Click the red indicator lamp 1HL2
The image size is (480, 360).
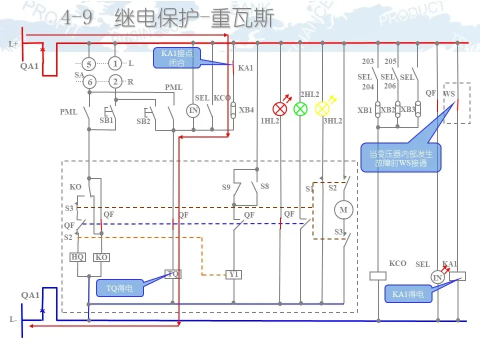tap(279, 108)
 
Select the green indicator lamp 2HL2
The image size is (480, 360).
tap(300, 108)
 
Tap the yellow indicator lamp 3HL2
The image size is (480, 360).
tap(322, 108)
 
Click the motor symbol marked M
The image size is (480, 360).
tap(343, 210)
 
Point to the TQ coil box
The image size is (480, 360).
tap(172, 274)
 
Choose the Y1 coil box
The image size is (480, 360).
tap(233, 274)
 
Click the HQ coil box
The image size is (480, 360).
tap(77, 257)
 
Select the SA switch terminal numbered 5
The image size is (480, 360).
tap(89, 64)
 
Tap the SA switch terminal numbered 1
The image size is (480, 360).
tap(115, 64)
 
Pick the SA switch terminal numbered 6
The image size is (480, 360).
tap(89, 82)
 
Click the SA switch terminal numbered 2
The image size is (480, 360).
tap(115, 82)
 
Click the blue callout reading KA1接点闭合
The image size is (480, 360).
tap(176, 58)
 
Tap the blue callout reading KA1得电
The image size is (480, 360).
tap(408, 294)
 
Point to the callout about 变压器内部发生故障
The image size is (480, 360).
tap(400, 158)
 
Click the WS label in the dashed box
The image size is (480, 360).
tap(449, 93)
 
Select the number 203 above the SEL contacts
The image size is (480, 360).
tap(367, 62)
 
